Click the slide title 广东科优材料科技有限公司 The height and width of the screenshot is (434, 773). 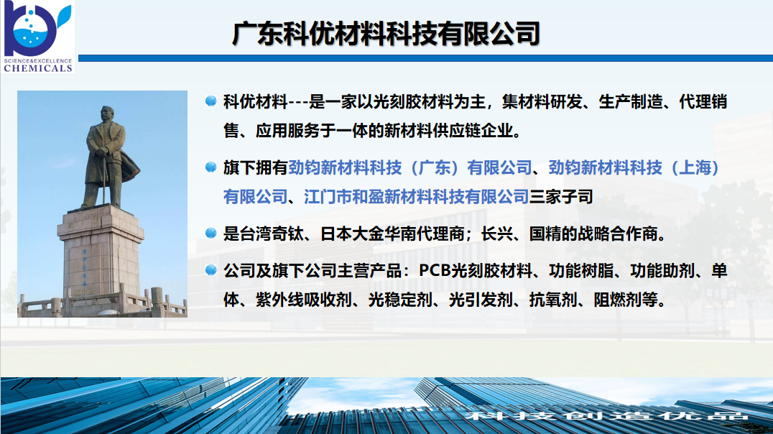pyautogui.click(x=386, y=34)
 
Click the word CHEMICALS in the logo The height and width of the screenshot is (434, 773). pyautogui.click(x=38, y=68)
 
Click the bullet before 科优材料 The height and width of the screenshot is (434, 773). pyautogui.click(x=210, y=102)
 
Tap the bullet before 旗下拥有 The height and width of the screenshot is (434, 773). pyautogui.click(x=210, y=167)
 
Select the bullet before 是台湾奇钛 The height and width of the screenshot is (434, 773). pyautogui.click(x=210, y=234)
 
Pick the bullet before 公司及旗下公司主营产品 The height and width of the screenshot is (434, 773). pyautogui.click(x=210, y=271)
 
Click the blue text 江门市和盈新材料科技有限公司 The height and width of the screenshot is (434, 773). pyautogui.click(x=416, y=196)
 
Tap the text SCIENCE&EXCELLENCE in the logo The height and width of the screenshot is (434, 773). pyautogui.click(x=38, y=60)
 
